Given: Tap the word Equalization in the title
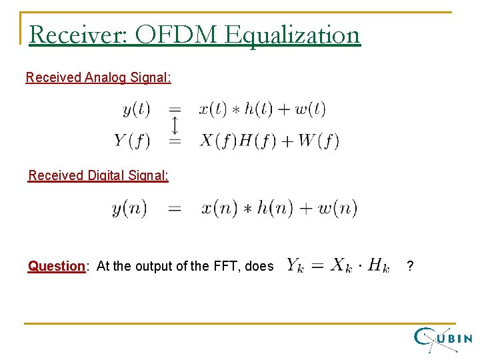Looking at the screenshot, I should [x=293, y=35].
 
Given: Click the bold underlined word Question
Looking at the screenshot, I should [x=57, y=266].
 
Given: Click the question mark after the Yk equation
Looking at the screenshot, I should [x=410, y=266].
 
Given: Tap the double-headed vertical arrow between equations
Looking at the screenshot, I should [x=175, y=125].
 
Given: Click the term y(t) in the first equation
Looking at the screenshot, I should [x=136, y=109].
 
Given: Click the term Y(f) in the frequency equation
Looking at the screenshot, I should [x=132, y=141].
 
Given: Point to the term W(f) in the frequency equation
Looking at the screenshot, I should [x=318, y=141].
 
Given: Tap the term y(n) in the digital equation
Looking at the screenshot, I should [x=129, y=208].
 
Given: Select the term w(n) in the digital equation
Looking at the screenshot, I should [x=337, y=208].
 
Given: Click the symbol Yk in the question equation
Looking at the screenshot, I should [x=295, y=266].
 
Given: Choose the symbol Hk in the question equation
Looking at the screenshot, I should [x=378, y=266].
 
